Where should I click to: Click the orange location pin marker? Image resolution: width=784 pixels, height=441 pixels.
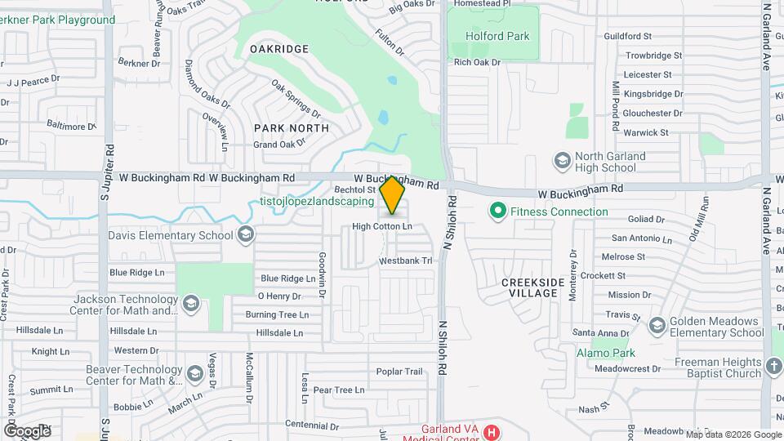click(393, 195)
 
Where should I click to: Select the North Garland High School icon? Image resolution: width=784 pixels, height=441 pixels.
click(562, 161)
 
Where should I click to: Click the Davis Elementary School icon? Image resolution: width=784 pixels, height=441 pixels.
click(245, 236)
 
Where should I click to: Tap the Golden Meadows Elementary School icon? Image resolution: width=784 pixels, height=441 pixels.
click(657, 327)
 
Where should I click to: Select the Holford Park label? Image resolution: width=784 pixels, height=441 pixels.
click(497, 36)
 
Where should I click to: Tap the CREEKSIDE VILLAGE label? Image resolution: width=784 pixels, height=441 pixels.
click(532, 287)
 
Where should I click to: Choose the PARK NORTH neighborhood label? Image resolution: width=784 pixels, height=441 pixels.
click(291, 128)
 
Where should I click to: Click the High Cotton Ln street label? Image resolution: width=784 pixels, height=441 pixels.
click(382, 226)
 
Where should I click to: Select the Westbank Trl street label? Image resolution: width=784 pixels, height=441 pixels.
click(404, 261)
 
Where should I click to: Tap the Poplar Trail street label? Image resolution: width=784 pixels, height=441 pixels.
click(399, 372)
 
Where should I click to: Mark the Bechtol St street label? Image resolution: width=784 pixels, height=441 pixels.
click(354, 189)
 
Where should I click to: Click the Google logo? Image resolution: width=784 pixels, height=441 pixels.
click(26, 430)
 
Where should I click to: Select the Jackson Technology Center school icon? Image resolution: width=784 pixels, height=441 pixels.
click(190, 305)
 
